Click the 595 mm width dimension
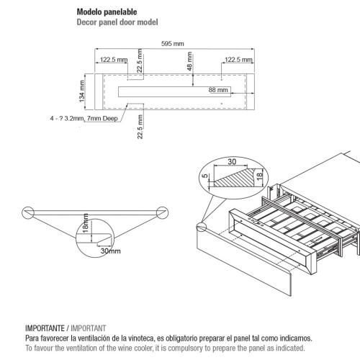point(173,44)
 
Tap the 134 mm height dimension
point(82,91)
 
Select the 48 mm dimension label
point(189,61)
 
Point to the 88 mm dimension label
point(218,90)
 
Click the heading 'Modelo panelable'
point(107,12)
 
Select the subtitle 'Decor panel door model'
point(117,22)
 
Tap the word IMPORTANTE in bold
point(45,328)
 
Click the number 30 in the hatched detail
point(232,161)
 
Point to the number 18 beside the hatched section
point(260,176)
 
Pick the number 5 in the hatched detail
point(204,176)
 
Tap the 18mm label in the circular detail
point(86,223)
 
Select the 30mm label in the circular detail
point(111,251)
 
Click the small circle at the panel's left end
point(28,212)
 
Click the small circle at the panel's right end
point(162,212)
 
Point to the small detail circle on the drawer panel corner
point(202,227)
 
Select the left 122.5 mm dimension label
point(114,60)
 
